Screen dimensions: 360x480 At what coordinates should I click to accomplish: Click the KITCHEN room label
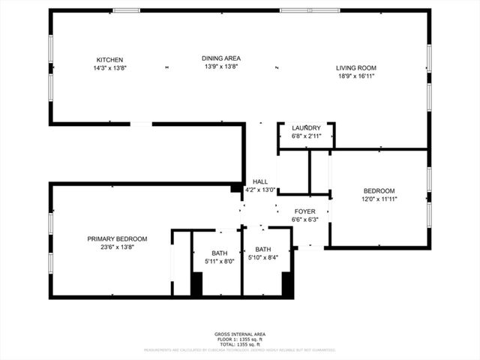109,60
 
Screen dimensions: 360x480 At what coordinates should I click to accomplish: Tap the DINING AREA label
221,58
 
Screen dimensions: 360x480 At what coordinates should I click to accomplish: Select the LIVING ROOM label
355,67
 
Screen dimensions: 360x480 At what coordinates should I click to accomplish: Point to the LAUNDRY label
306,127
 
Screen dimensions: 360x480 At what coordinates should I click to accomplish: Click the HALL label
260,181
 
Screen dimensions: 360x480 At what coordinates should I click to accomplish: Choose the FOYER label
304,211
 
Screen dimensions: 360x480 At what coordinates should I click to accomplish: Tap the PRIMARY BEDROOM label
117,238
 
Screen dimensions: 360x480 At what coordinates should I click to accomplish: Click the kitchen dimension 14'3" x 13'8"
109,68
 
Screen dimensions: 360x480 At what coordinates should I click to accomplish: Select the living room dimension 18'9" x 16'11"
355,76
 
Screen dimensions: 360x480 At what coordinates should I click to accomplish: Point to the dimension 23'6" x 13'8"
117,247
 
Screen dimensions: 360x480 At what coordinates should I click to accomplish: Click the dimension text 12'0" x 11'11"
379,199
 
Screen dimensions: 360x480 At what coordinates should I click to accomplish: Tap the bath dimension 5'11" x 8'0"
220,261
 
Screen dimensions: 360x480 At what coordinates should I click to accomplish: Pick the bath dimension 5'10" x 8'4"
263,258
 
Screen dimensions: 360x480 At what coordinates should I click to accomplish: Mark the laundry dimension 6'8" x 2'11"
306,136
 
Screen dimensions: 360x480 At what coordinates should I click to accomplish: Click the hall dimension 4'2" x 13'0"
260,190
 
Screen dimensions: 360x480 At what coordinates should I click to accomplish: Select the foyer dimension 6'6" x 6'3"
304,220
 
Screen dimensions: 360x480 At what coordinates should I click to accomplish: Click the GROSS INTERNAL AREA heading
240,334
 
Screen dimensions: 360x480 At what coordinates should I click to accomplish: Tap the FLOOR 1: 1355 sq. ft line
240,338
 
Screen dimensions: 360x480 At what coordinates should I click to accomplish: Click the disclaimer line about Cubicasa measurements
240,349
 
